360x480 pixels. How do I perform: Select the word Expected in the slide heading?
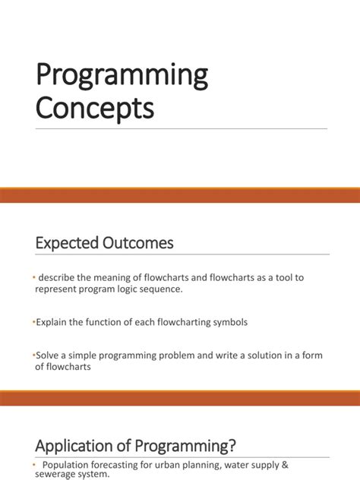(x=68, y=243)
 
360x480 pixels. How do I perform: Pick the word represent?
(x=58, y=290)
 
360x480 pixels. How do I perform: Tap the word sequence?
(x=180, y=290)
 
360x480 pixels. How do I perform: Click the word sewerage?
(x=56, y=474)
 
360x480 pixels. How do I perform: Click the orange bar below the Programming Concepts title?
(x=180, y=196)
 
